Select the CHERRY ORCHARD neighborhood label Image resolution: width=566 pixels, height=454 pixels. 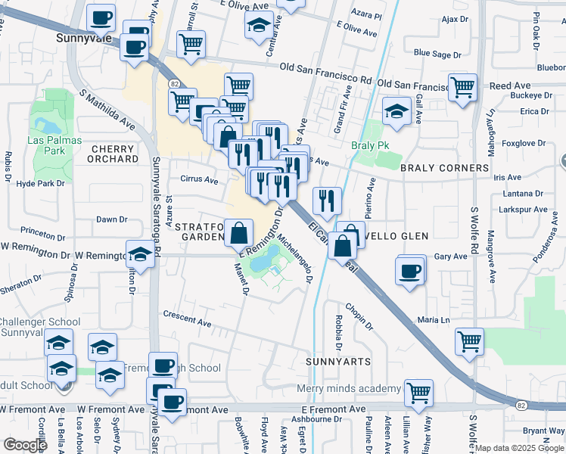[x=113, y=154]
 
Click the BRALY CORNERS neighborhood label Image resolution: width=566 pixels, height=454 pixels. [x=444, y=168]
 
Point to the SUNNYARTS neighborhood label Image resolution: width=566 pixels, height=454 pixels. [x=338, y=362]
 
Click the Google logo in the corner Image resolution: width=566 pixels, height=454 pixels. [x=24, y=445]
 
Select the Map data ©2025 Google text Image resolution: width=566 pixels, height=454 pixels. [x=519, y=448]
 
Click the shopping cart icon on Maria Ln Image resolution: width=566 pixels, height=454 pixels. [x=469, y=340]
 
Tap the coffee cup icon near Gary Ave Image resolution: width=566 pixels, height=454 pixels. [x=410, y=270]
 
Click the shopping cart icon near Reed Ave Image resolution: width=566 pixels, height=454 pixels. [x=462, y=86]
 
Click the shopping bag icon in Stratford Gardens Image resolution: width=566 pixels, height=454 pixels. [x=239, y=232]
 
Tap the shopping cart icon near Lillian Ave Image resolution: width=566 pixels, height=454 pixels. [x=418, y=392]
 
